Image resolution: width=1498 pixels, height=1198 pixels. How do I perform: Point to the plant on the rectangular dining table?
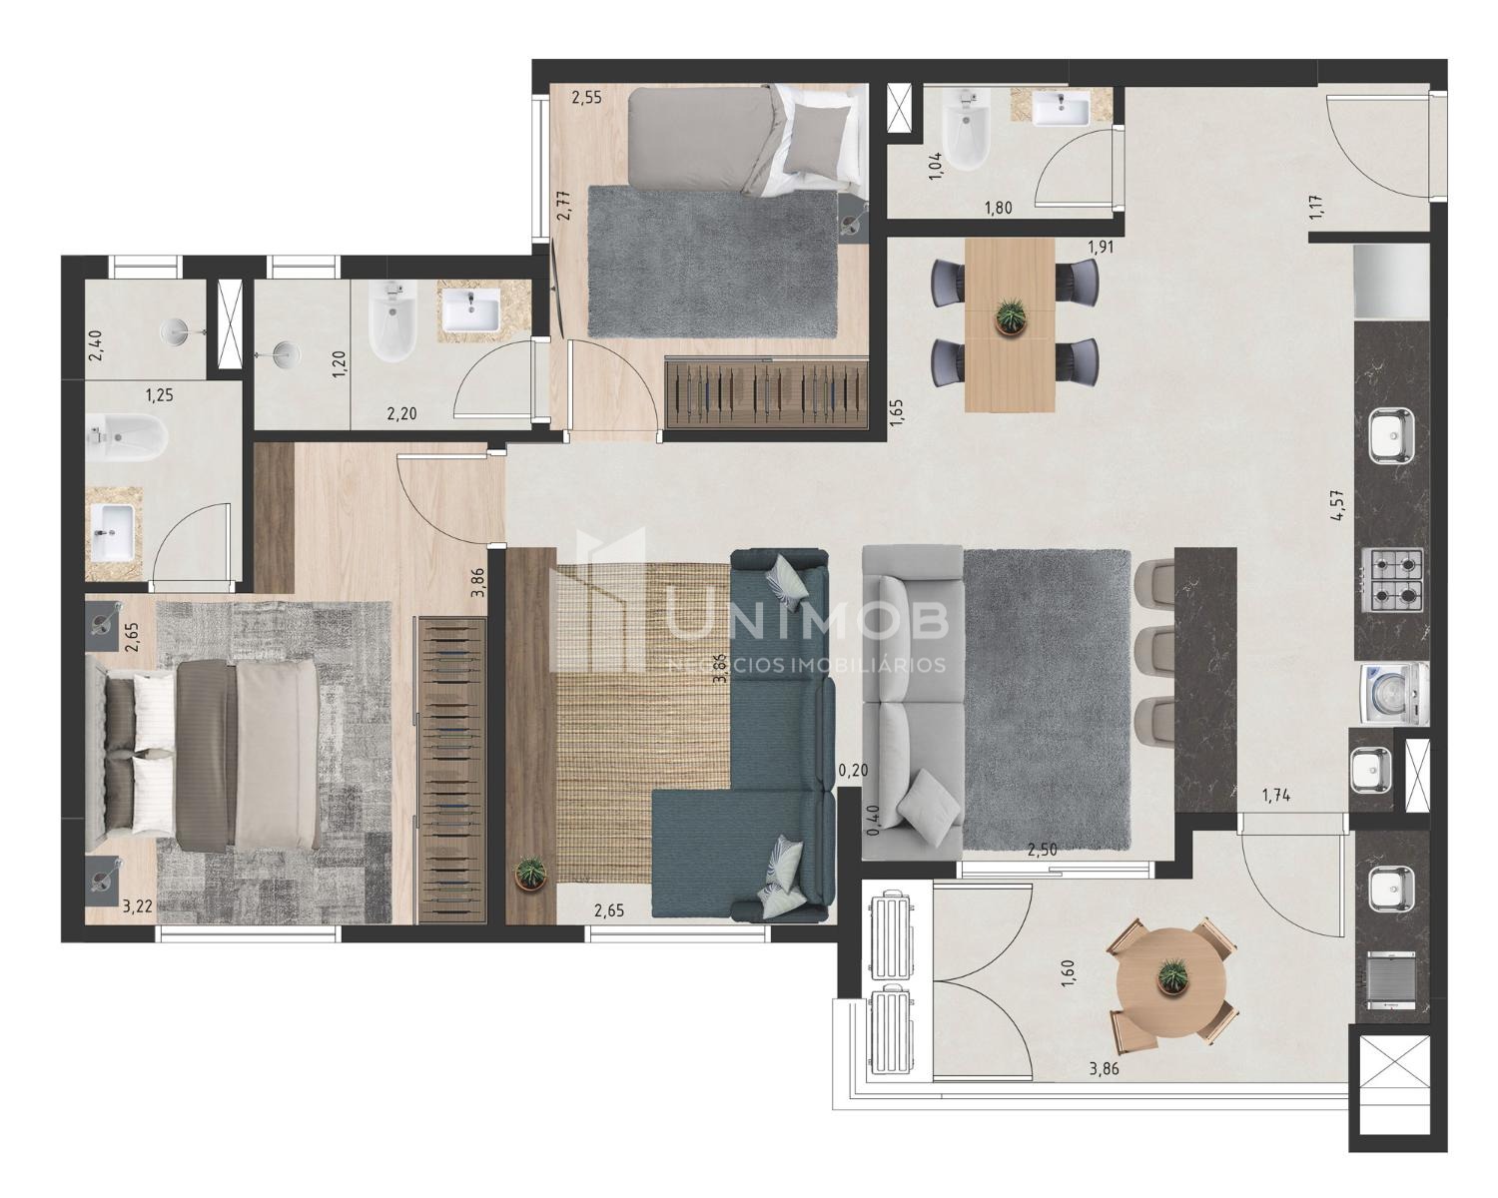point(1010,316)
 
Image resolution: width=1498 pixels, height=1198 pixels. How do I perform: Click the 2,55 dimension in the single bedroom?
point(586,98)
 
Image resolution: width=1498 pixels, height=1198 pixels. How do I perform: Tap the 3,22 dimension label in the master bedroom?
point(137,907)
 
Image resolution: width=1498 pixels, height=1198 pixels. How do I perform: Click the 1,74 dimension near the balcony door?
point(1276,796)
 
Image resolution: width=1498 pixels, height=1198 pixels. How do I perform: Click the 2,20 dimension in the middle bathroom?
point(401,413)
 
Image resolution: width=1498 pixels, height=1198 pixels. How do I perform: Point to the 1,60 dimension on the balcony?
point(1069,973)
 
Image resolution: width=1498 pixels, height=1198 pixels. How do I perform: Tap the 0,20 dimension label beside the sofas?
point(853,770)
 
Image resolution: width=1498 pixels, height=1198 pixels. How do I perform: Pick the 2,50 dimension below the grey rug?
point(1043,850)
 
